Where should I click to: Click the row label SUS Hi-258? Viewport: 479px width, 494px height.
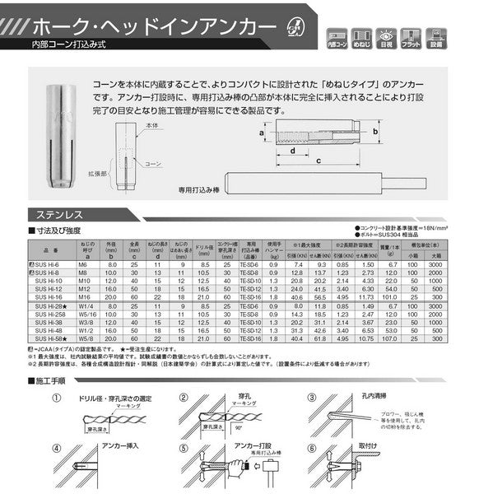(47, 314)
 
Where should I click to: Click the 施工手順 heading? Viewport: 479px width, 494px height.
(51, 382)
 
